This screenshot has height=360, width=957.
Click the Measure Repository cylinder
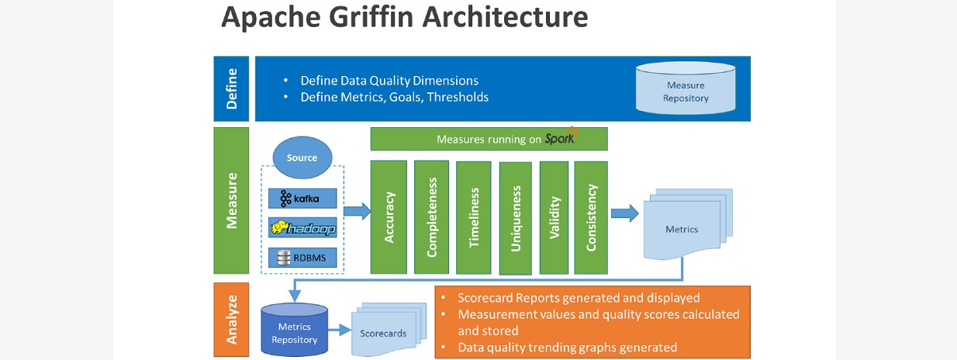point(686,90)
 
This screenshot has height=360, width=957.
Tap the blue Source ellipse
point(302,157)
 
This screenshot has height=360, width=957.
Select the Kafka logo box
point(303,199)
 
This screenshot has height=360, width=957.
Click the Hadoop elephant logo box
point(303,228)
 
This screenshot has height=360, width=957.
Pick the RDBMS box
point(303,258)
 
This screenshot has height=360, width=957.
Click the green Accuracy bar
point(389,216)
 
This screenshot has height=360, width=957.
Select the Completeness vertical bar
point(431,216)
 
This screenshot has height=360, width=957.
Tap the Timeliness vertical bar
point(473,216)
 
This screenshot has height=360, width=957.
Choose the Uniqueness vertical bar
point(516,218)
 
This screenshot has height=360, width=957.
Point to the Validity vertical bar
point(555,216)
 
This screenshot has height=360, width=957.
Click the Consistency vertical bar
point(591,216)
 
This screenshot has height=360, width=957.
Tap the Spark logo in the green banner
point(561,138)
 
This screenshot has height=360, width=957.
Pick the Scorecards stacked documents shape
point(385,330)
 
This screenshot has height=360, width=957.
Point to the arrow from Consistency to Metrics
point(624,213)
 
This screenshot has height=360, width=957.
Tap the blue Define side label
point(231,88)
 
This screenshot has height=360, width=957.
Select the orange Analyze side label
point(231,319)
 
